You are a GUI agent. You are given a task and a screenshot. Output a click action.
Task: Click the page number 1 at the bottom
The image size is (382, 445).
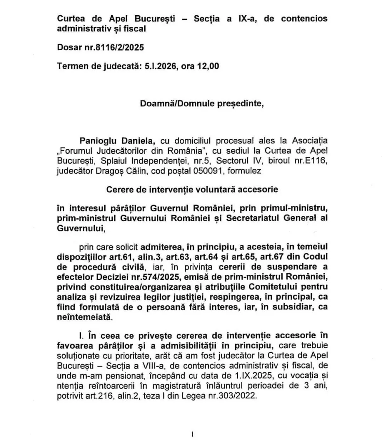click(192, 433)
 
